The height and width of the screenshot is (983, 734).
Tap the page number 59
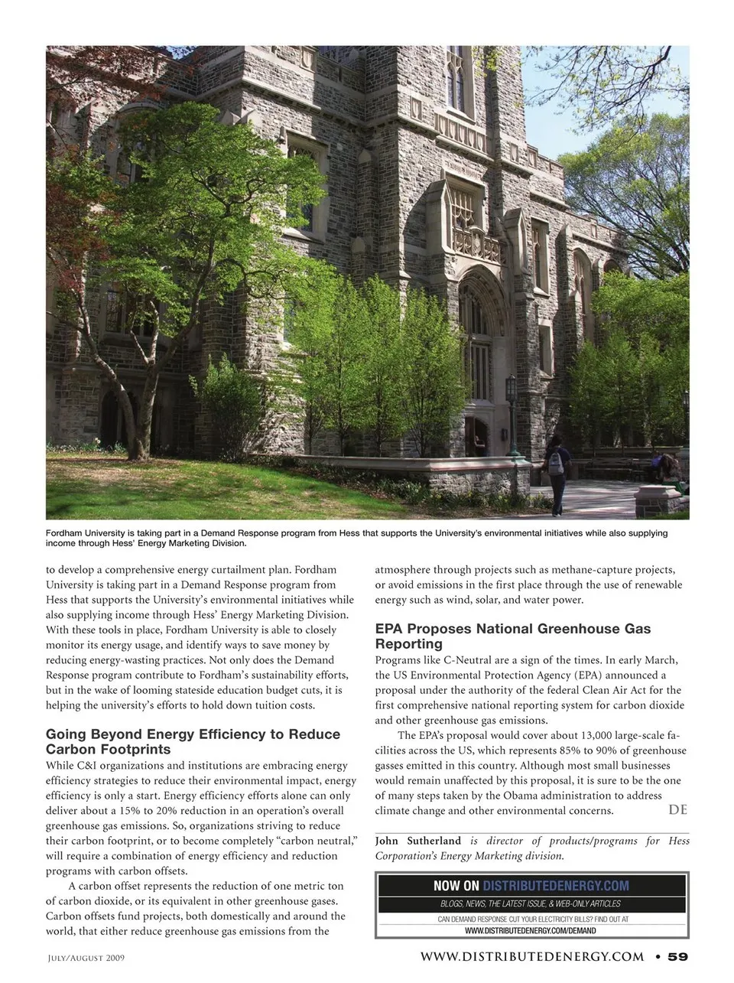pyautogui.click(x=678, y=956)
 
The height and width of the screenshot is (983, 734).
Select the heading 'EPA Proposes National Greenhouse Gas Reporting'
pyautogui.click(x=512, y=636)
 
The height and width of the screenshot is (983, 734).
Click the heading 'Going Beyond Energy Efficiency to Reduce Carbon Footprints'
pyautogui.click(x=193, y=741)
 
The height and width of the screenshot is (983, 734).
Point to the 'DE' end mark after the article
pyautogui.click(x=677, y=809)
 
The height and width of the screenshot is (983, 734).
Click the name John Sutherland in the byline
pyautogui.click(x=418, y=841)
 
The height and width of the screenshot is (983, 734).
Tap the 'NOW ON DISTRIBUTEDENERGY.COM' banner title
pyautogui.click(x=531, y=886)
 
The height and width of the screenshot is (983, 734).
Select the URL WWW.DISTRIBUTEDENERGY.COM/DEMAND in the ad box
pyautogui.click(x=531, y=931)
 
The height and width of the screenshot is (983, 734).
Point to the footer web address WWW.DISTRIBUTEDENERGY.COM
pyautogui.click(x=531, y=956)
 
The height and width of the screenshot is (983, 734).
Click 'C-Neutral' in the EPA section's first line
pyautogui.click(x=467, y=660)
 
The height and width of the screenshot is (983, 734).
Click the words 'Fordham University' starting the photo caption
pyautogui.click(x=83, y=533)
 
